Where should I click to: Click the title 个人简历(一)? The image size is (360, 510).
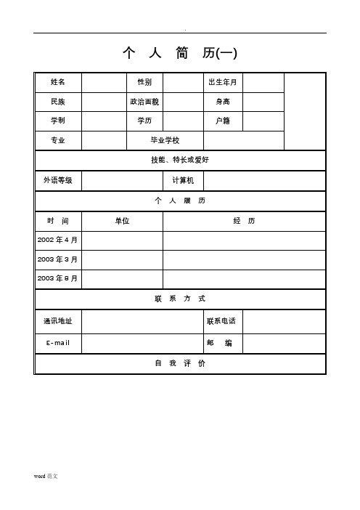click(x=180, y=53)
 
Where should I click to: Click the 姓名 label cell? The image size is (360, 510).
click(x=58, y=82)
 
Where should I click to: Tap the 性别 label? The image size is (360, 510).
click(x=144, y=82)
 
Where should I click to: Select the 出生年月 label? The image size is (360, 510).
click(x=223, y=82)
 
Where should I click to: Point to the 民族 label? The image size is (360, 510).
click(x=58, y=102)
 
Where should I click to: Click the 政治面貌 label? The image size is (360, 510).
click(x=144, y=102)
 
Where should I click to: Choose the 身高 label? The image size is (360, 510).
click(x=223, y=102)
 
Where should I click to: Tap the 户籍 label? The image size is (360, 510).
click(x=223, y=121)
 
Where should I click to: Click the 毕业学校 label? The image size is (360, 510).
click(x=165, y=140)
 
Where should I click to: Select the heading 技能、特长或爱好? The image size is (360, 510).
click(x=180, y=160)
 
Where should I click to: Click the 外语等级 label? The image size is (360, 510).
click(x=58, y=180)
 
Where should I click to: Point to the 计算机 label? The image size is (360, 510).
click(x=183, y=180)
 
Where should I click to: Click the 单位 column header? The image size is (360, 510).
click(x=122, y=221)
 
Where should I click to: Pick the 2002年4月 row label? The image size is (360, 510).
click(x=58, y=240)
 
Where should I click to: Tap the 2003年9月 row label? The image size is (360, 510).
click(x=58, y=278)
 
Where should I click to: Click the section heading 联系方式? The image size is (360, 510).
click(x=180, y=299)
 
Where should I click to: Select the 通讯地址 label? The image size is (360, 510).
click(x=58, y=321)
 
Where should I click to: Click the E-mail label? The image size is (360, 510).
click(x=58, y=343)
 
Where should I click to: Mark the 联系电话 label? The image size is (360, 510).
click(x=221, y=321)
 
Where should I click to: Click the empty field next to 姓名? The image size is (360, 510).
click(x=104, y=82)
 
